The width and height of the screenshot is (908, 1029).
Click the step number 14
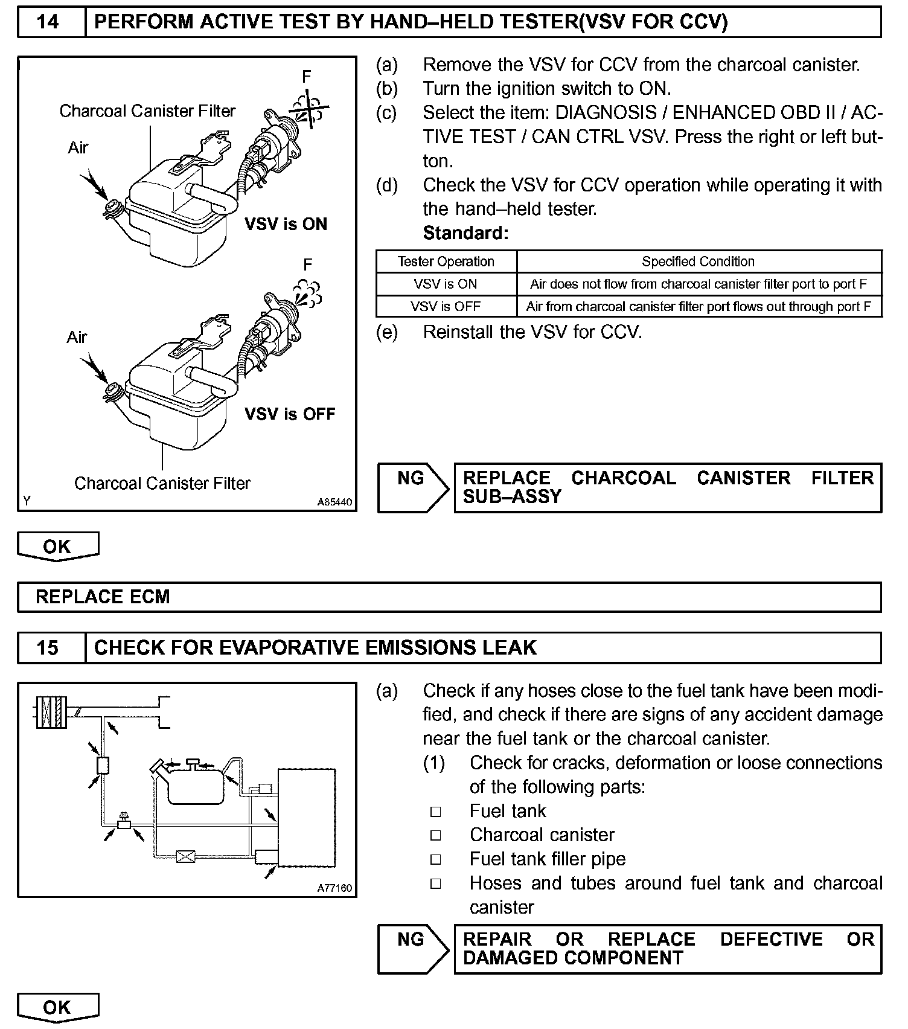point(48,22)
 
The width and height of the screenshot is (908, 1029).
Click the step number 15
point(48,648)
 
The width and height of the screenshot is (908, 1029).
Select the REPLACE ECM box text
point(103,597)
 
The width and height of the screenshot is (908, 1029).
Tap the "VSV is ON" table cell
point(446,284)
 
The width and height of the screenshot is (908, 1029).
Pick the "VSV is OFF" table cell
point(446,306)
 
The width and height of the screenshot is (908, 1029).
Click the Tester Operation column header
point(446,261)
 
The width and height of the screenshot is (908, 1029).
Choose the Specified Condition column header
point(698,261)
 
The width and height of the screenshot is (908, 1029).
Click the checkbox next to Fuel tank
point(436,812)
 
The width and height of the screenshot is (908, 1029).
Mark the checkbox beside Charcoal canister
point(436,836)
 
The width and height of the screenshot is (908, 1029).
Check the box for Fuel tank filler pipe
point(436,860)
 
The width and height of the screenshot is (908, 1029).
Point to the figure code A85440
point(334,502)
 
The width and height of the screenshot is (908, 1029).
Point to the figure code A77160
point(334,888)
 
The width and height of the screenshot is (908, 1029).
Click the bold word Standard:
point(465,233)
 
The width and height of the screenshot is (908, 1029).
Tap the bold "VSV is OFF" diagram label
point(290,414)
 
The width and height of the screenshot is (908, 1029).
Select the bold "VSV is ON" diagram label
point(286,225)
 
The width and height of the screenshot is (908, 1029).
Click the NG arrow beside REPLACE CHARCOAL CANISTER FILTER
point(413,488)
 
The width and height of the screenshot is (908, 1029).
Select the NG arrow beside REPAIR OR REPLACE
point(413,949)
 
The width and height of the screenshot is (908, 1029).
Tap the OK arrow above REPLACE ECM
point(57,547)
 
